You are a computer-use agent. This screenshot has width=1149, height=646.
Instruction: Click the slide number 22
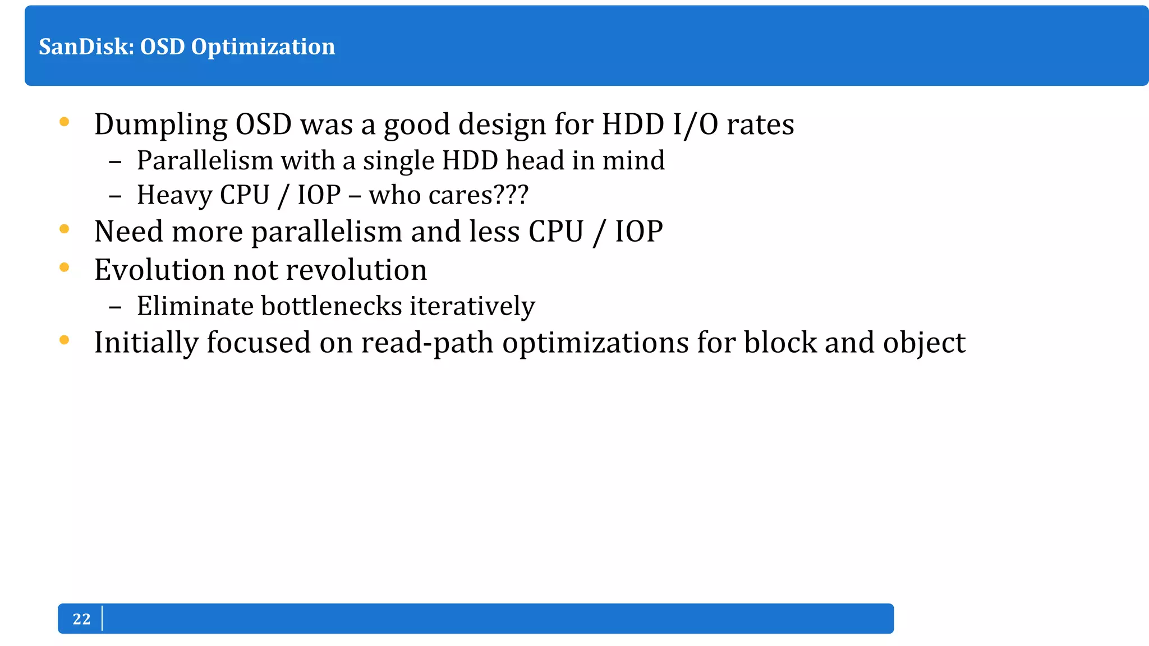pyautogui.click(x=81, y=619)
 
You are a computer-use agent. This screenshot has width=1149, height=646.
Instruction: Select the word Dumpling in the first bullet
pyautogui.click(x=160, y=124)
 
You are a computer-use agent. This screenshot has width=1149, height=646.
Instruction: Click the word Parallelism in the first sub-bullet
pyautogui.click(x=205, y=160)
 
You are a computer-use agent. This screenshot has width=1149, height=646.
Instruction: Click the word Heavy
pyautogui.click(x=174, y=195)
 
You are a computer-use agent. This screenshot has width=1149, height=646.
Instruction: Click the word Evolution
pyautogui.click(x=159, y=270)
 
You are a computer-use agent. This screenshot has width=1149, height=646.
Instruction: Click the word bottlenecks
pyautogui.click(x=332, y=306)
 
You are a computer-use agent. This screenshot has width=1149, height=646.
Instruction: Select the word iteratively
pyautogui.click(x=472, y=306)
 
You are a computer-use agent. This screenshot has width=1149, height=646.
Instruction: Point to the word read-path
pyautogui.click(x=427, y=343)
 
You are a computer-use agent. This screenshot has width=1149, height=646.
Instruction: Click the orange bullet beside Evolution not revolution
pyautogui.click(x=65, y=267)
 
